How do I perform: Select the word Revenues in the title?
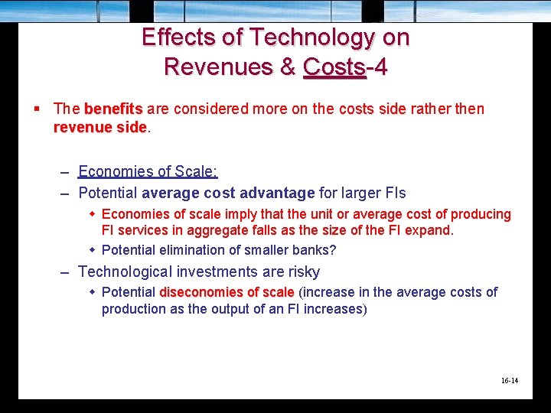click(x=219, y=67)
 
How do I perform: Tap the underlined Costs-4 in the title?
click(x=345, y=67)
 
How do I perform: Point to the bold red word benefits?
click(x=113, y=109)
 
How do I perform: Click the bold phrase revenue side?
click(x=99, y=127)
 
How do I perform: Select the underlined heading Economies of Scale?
click(x=148, y=172)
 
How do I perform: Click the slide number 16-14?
click(x=509, y=380)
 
